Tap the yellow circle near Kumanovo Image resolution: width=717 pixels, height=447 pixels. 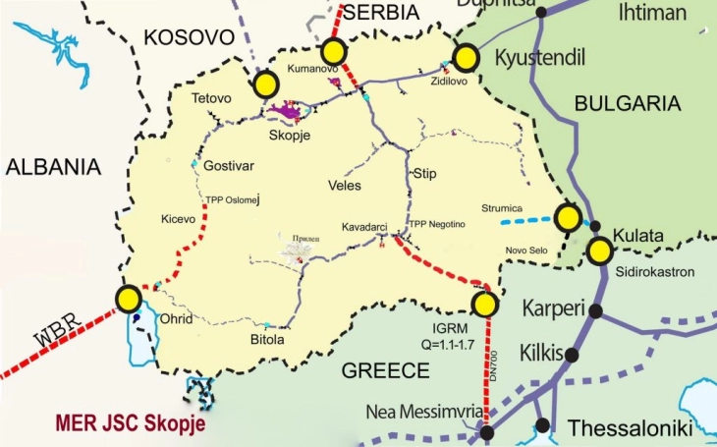[335, 52]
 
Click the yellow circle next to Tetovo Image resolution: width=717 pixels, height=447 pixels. [264, 85]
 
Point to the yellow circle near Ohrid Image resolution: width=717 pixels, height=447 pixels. [128, 299]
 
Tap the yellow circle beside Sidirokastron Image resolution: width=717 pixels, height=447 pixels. [599, 251]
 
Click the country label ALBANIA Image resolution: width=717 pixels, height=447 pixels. [53, 166]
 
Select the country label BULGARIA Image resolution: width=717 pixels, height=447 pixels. [628, 103]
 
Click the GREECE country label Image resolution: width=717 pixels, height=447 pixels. [385, 370]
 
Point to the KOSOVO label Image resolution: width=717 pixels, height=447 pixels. [191, 37]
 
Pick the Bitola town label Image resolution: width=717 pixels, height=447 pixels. [267, 340]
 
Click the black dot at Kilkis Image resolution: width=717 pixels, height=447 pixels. [572, 355]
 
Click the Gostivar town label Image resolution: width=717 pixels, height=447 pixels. [229, 165]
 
